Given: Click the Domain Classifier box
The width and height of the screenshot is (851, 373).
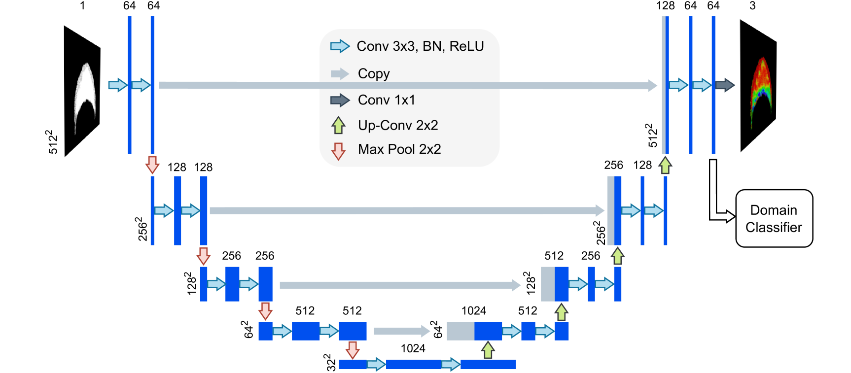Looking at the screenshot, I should click(x=774, y=218).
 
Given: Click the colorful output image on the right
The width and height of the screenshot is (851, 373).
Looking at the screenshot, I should click(x=761, y=91).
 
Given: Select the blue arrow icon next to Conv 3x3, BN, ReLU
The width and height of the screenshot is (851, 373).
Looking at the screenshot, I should click(x=340, y=46).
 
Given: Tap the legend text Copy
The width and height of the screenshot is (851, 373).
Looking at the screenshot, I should click(x=374, y=73).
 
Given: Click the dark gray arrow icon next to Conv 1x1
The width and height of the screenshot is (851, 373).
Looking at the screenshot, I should click(x=340, y=101).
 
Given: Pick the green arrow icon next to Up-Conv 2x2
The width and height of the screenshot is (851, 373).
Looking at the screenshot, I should click(x=338, y=125).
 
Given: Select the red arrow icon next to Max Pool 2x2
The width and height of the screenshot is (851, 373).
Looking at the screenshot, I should click(x=338, y=151).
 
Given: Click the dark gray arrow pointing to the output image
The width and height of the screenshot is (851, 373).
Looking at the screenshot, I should click(x=725, y=85).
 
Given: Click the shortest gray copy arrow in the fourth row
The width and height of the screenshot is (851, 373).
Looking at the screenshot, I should click(x=401, y=331).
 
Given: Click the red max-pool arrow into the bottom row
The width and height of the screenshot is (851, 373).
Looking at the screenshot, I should click(x=352, y=350).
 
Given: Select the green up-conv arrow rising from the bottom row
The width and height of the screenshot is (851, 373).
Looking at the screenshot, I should click(x=488, y=350).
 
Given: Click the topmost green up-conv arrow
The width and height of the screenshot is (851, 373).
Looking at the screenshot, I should click(x=665, y=165).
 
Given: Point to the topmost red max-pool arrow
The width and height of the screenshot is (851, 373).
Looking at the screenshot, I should click(x=152, y=165).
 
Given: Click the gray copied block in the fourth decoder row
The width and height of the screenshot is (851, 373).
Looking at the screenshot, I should click(x=460, y=331).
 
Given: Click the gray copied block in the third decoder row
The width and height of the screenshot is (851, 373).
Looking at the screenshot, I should click(x=547, y=284).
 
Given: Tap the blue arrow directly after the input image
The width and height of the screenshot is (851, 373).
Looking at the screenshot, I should click(x=117, y=85).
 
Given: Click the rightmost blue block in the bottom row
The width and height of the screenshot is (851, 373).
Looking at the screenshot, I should click(x=488, y=364).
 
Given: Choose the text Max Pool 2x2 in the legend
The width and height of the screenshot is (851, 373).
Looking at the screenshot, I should click(x=399, y=149).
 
